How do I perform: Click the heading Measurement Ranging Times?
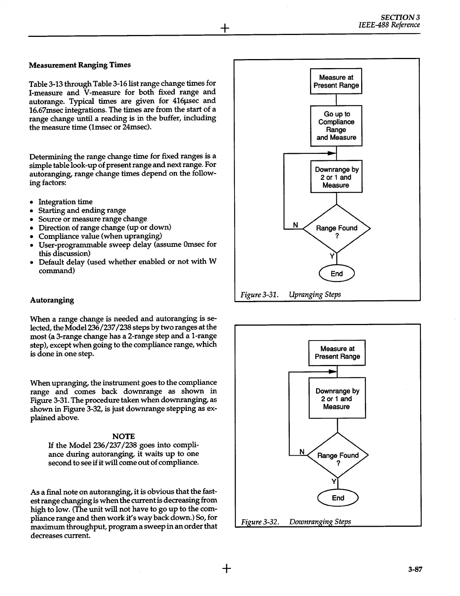click(x=80, y=65)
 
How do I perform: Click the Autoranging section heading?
click(x=52, y=300)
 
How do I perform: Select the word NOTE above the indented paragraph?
click(x=123, y=436)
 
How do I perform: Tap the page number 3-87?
click(x=415, y=569)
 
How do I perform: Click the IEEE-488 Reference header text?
click(x=389, y=25)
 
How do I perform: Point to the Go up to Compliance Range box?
click(x=336, y=126)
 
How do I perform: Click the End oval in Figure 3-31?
click(x=336, y=274)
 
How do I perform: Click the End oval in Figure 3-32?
click(x=338, y=498)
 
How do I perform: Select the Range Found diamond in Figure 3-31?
click(x=337, y=228)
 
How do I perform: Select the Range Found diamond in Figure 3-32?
click(x=338, y=456)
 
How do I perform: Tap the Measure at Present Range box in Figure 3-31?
click(x=336, y=81)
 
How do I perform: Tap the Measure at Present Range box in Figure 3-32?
click(x=337, y=353)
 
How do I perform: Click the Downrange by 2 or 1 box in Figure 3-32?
click(x=337, y=398)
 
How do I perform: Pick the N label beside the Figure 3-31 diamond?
click(x=295, y=225)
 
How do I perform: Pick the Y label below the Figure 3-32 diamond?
click(x=333, y=482)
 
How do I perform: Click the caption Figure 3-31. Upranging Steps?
click(x=291, y=294)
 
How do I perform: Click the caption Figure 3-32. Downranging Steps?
click(x=296, y=521)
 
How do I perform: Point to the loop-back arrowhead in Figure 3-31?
click(x=331, y=154)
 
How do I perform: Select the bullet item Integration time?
click(x=65, y=202)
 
